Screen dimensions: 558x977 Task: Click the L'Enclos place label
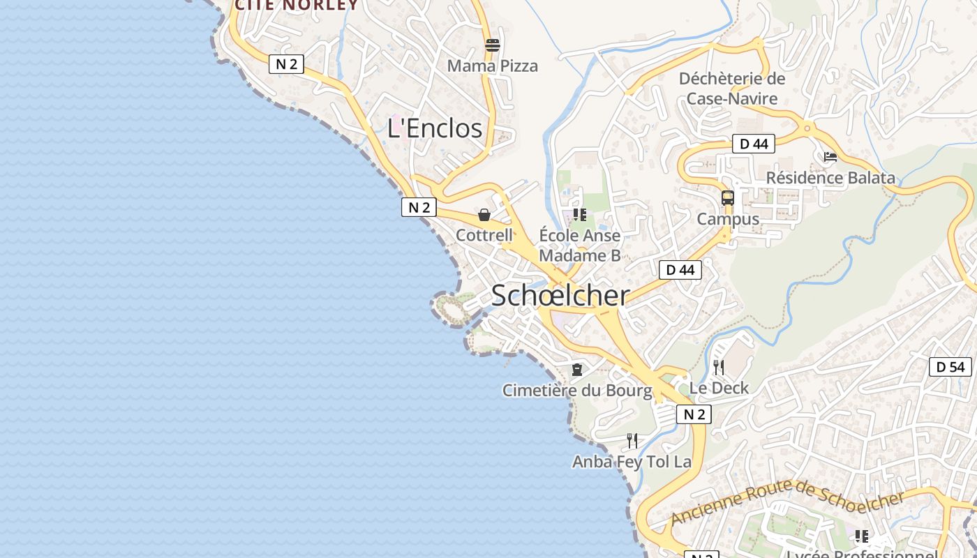pos(435,128)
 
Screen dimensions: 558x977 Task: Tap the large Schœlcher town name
pos(560,296)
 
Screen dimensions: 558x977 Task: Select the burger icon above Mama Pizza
pos(493,45)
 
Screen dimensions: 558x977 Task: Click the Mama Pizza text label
pos(492,66)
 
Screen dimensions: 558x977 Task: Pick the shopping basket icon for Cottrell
pos(484,215)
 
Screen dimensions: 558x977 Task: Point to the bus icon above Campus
pos(728,198)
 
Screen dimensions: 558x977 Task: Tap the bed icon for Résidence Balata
pos(830,157)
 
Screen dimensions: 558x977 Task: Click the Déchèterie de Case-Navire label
pos(732,89)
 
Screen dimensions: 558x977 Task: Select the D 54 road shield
pos(950,367)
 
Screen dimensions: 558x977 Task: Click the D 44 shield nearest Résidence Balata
pos(754,144)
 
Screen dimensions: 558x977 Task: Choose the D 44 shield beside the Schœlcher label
pos(680,270)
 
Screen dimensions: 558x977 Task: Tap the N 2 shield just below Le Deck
pos(693,415)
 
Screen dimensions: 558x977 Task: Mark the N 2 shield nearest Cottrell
pos(419,207)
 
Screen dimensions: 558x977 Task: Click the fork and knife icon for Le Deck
pos(719,367)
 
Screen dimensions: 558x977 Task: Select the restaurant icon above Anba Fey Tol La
pos(632,440)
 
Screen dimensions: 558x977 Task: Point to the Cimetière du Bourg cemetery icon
pos(577,369)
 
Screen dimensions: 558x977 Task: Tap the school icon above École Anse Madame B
pos(579,215)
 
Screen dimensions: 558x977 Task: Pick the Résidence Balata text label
pos(830,178)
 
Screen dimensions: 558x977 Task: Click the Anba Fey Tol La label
pos(632,462)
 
